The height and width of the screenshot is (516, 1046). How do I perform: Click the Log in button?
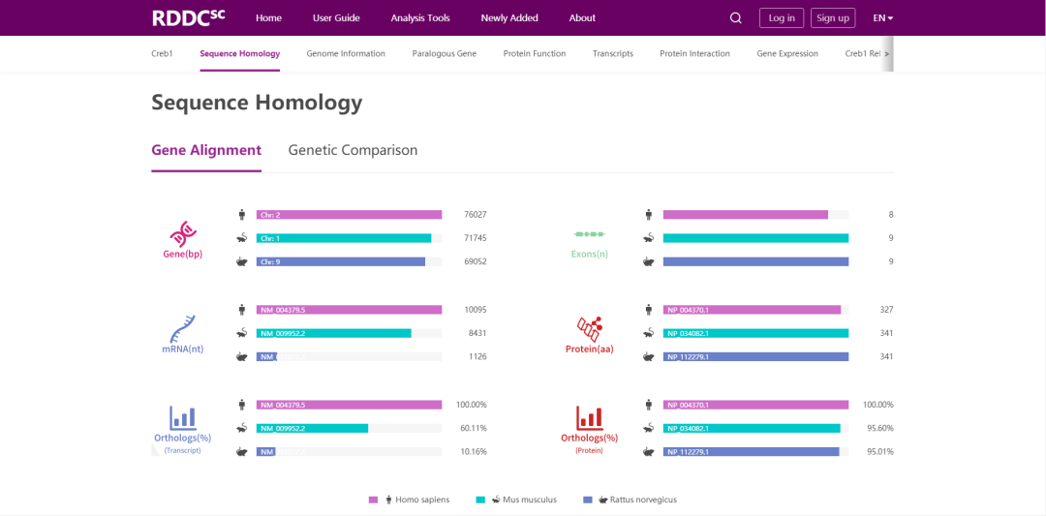(x=782, y=17)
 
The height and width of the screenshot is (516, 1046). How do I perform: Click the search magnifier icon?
(x=736, y=17)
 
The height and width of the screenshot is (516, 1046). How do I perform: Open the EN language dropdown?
(x=882, y=17)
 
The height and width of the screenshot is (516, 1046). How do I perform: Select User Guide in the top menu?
(x=336, y=17)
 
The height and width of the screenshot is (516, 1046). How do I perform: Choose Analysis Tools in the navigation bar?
(x=420, y=17)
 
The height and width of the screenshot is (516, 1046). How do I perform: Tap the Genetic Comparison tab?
(x=353, y=150)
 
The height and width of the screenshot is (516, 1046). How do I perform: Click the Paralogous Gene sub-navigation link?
(x=444, y=53)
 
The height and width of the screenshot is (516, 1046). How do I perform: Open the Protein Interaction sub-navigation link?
(x=694, y=53)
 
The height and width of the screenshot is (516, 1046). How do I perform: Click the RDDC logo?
(x=188, y=17)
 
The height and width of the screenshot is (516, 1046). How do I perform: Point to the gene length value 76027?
(x=475, y=215)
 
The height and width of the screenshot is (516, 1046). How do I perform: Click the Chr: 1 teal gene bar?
(x=344, y=238)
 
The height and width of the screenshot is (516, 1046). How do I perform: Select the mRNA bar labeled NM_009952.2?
(x=333, y=333)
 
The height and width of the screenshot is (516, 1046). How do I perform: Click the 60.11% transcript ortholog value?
(x=473, y=428)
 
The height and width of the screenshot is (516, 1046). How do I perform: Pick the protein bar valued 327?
(x=752, y=310)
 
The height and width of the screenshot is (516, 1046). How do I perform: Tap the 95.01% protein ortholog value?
(x=879, y=451)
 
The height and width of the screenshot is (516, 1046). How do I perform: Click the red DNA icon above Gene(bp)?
(x=183, y=233)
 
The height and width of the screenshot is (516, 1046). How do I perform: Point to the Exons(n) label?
(x=589, y=254)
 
